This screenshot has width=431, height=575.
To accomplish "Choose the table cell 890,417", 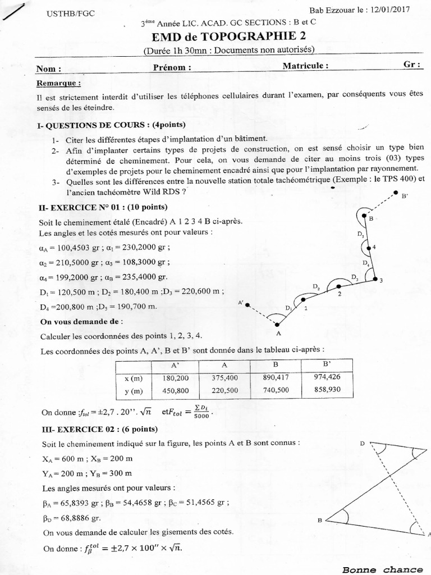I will (x=275, y=377).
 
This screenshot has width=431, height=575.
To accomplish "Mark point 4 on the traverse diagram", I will (x=369, y=247).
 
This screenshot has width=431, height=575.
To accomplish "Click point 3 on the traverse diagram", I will (x=375, y=279).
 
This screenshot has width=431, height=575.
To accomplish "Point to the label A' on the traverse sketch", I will (x=241, y=303).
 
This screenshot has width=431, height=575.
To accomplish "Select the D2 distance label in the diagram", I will (x=317, y=287).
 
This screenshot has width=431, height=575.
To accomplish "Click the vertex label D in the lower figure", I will (x=363, y=444).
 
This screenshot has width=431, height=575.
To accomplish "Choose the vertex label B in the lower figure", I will (x=319, y=521).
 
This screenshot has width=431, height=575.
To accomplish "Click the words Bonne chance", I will (x=383, y=569).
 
